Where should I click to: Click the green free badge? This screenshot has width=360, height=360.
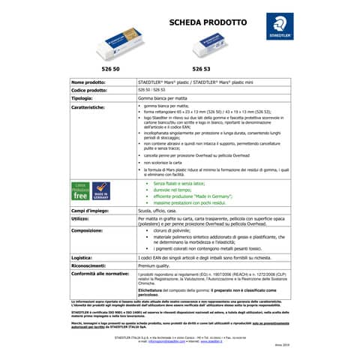coord(80,190)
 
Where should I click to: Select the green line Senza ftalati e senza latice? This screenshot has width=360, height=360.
coord(184,183)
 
